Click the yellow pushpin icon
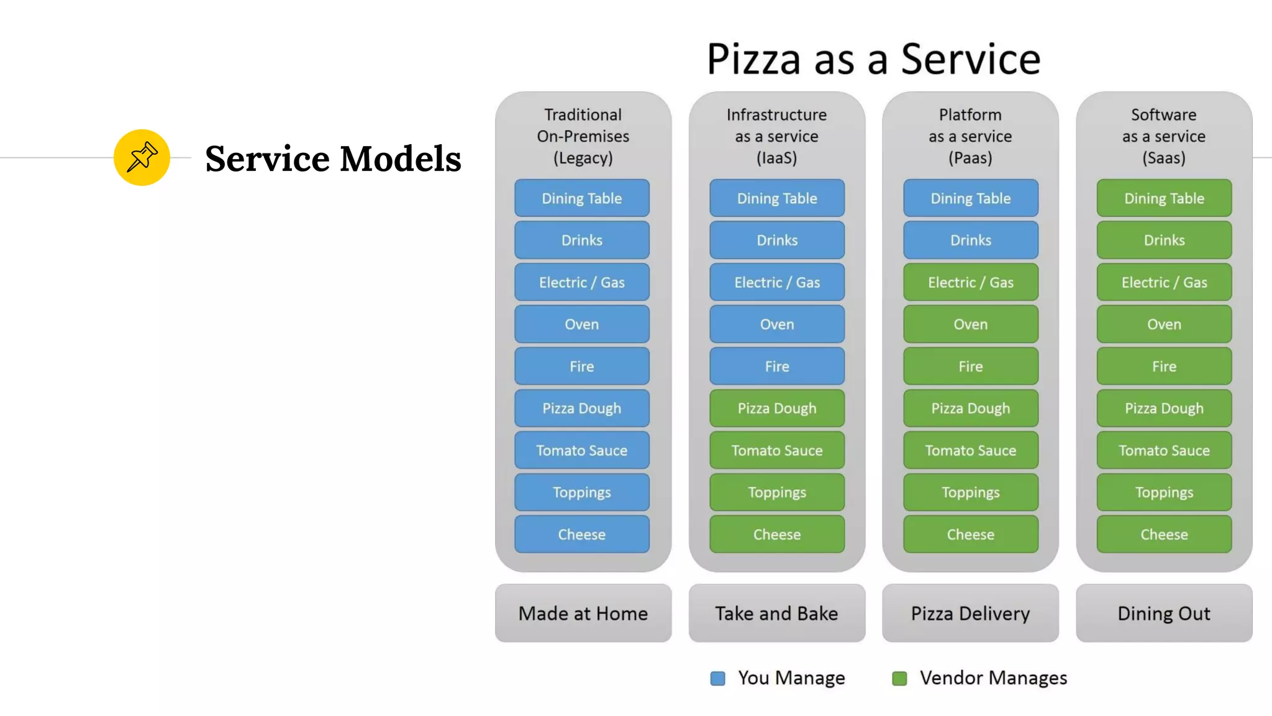tap(142, 157)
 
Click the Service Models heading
tap(333, 158)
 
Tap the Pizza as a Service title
tap(873, 59)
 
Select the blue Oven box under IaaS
tap(776, 324)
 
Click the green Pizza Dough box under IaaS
tap(776, 408)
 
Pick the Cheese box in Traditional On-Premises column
tap(581, 534)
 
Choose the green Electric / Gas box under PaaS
tap(970, 282)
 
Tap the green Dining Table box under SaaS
tap(1164, 198)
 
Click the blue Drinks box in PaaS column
tap(970, 240)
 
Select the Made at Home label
tap(583, 613)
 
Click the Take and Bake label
tap(776, 613)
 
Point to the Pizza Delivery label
tap(970, 613)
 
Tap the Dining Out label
tap(1164, 613)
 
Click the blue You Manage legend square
tap(717, 678)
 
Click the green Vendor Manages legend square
tap(899, 678)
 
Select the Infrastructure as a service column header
tap(776, 136)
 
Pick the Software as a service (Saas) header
tap(1164, 136)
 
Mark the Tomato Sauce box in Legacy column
tap(581, 450)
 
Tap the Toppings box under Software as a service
tap(1164, 492)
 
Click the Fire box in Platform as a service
tap(970, 366)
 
